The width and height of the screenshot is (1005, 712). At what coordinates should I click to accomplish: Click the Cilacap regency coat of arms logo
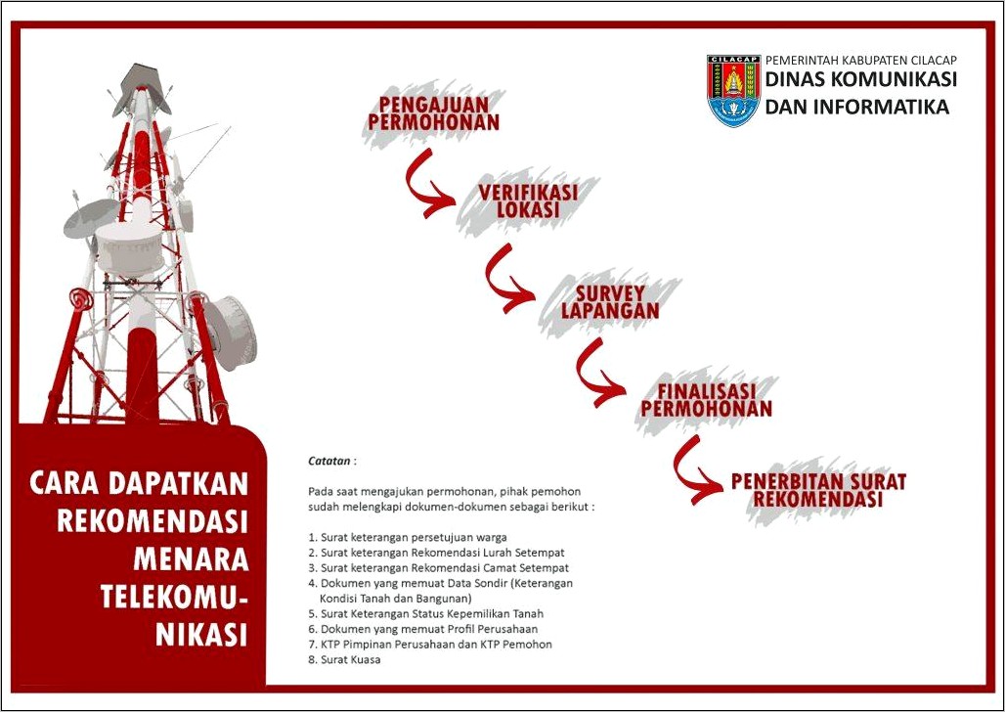(x=733, y=90)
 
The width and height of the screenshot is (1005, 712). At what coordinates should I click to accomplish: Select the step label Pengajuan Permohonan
(x=433, y=113)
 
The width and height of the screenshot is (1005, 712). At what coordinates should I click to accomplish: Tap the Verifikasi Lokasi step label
(x=528, y=200)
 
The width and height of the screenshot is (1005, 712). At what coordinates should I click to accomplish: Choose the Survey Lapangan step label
(x=609, y=302)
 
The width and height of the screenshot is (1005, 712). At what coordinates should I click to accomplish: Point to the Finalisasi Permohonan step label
(x=706, y=400)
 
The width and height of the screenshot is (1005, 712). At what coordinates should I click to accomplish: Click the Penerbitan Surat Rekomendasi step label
(x=818, y=490)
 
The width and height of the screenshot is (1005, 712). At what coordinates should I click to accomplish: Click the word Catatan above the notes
(x=329, y=461)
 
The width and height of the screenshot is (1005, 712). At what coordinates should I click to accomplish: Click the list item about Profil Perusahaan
(x=423, y=629)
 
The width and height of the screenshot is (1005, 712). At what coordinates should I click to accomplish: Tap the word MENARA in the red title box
(x=191, y=558)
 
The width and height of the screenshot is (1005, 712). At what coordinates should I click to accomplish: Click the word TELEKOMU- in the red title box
(x=174, y=597)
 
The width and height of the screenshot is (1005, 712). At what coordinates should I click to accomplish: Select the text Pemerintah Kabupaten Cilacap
(x=860, y=60)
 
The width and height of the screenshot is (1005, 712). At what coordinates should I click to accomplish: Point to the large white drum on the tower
(x=130, y=248)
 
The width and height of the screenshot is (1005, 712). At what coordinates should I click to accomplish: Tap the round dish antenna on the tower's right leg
(x=232, y=332)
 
